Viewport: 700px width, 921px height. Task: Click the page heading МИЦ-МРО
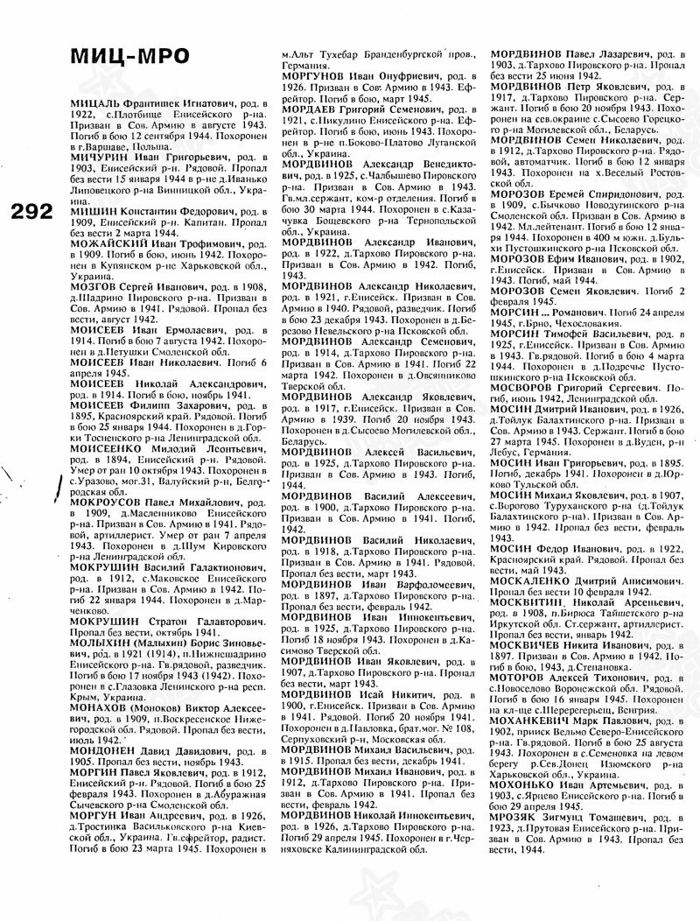point(129,56)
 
